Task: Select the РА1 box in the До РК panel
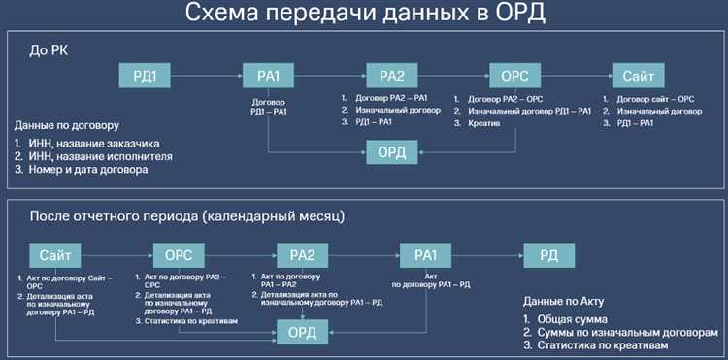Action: coord(268,76)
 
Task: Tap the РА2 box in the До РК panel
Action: coord(391,76)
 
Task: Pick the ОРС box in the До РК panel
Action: coord(515,76)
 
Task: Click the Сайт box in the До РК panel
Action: coord(639,76)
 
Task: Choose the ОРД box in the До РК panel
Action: coord(391,152)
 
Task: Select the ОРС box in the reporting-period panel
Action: coord(179,255)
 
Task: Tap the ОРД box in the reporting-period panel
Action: coord(302,332)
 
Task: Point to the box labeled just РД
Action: coord(549,255)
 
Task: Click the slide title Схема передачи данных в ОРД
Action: coord(365,16)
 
